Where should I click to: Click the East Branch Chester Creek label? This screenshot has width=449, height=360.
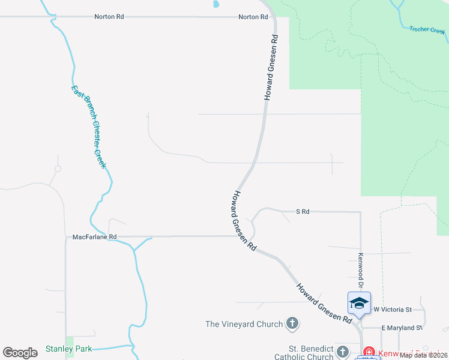[x=88, y=127]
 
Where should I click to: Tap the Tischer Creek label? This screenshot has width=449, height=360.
[x=427, y=29]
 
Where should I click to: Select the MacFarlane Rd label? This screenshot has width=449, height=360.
[x=94, y=237]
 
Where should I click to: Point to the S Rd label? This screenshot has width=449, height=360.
[x=303, y=211]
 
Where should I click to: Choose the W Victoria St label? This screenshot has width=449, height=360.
[x=392, y=310]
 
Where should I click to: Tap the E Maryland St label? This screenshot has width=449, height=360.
[x=402, y=328]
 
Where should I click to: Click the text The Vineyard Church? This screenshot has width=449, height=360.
[x=244, y=324]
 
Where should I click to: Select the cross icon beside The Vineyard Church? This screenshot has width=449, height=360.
[x=292, y=324]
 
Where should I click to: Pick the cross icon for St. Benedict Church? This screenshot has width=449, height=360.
[x=343, y=352]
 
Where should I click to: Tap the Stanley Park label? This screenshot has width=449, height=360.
[x=68, y=349]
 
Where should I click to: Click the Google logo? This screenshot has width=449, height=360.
[x=20, y=353]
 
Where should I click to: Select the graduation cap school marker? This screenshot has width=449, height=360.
[x=359, y=303]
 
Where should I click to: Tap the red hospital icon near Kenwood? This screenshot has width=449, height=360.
[x=369, y=353]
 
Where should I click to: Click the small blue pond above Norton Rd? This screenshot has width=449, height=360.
[x=215, y=4]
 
